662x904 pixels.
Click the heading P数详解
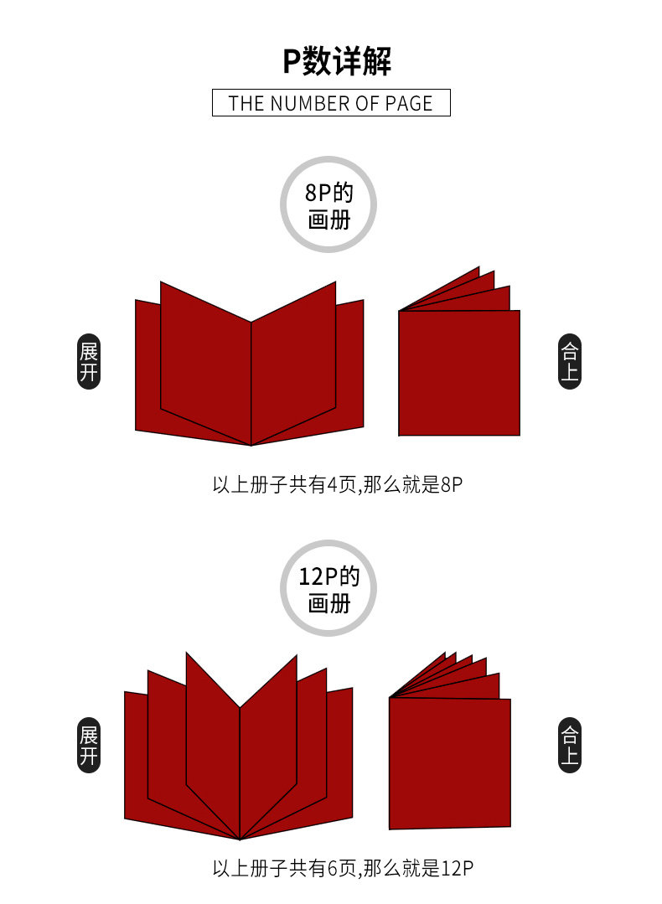click(x=336, y=62)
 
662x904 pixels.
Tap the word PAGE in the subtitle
click(x=409, y=103)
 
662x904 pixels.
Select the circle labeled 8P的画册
click(x=328, y=204)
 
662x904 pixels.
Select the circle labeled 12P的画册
click(x=328, y=588)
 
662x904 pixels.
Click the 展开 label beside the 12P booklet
click(x=89, y=746)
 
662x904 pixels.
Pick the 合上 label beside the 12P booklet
click(x=570, y=746)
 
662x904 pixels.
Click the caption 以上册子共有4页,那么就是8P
click(x=337, y=484)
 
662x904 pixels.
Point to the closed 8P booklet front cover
click(x=458, y=373)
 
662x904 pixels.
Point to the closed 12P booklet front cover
click(x=450, y=762)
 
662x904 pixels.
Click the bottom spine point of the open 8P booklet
click(x=251, y=444)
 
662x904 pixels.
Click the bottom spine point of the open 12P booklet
click(x=240, y=838)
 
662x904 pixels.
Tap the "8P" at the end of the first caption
click(x=451, y=484)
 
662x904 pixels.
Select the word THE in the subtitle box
click(x=246, y=103)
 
